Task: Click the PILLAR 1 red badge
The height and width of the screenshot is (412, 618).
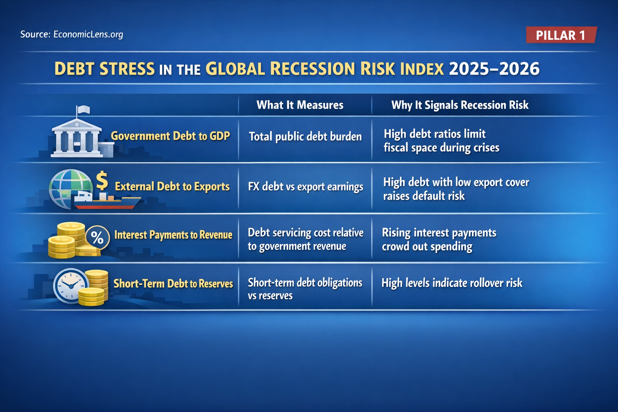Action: pos(561,35)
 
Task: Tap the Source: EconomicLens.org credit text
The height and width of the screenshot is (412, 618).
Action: pos(72,34)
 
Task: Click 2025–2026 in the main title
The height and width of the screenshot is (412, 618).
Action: pos(494,69)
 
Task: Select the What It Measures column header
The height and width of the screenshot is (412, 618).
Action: pos(300,105)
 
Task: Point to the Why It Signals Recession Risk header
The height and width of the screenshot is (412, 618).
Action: pos(459,105)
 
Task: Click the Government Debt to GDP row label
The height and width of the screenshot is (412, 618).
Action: pos(170,136)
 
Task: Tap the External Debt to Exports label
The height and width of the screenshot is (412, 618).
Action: pos(172,186)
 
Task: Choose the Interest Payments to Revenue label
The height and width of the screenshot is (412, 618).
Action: pos(173,235)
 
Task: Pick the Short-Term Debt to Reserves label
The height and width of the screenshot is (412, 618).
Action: pos(173,284)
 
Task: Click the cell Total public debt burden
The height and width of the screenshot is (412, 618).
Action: pos(305,136)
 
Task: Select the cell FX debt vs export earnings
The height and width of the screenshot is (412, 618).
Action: pos(305,187)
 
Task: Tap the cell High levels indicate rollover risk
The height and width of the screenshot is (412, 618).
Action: pos(451,283)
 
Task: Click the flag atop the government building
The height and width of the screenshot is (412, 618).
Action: pos(83,109)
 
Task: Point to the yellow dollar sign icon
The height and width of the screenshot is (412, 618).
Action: pos(102,180)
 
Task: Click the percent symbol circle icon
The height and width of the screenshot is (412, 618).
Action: pos(97,237)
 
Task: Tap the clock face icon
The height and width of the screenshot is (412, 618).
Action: pos(70,285)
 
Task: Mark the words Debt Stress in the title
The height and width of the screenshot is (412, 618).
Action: pos(104,69)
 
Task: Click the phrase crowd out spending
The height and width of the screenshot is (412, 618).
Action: pos(427,247)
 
